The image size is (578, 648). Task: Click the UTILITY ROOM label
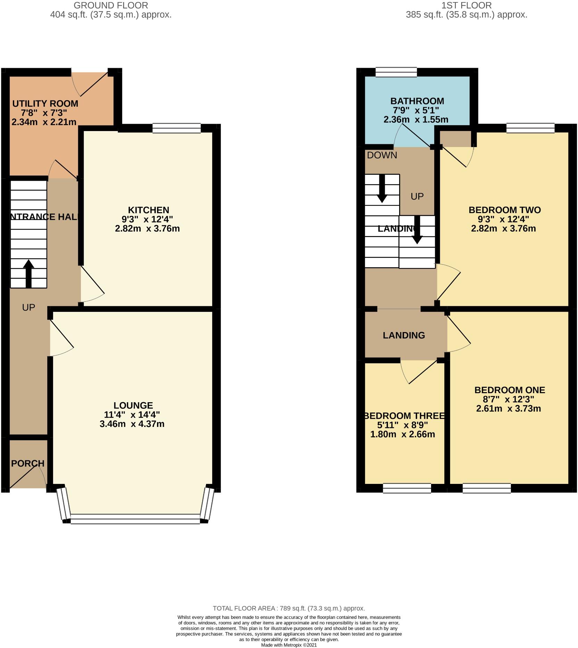coord(45,104)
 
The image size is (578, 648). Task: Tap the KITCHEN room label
coord(148,210)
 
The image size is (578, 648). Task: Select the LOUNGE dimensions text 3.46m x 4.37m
coord(132,424)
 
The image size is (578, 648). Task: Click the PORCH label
coord(28,463)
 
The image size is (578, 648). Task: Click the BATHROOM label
coord(417,101)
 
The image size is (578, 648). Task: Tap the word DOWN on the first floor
coord(382,155)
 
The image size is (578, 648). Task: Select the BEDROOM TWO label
coord(504,210)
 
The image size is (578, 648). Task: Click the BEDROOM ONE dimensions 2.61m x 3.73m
coord(508,408)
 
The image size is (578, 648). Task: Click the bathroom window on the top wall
coord(396,72)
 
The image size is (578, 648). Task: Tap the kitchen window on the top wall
coord(176,129)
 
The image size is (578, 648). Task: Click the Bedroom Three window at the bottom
coord(407,488)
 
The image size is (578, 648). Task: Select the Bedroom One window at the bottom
coord(486,488)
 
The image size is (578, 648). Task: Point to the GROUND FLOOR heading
coord(111,6)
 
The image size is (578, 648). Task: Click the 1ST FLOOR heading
coord(466,6)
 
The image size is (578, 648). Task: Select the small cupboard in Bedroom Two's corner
coord(455,138)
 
